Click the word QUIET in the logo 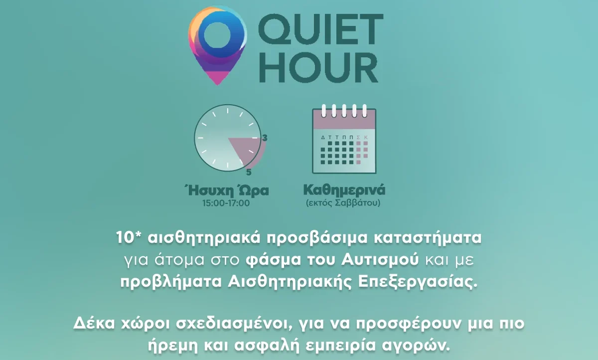(x=320, y=30)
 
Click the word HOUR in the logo (x=319, y=68)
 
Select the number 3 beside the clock (x=265, y=138)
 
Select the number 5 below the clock (x=249, y=173)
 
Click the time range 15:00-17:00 (x=226, y=203)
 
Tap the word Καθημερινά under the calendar (x=344, y=190)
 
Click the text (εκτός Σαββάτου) (x=343, y=203)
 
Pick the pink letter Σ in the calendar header (x=358, y=137)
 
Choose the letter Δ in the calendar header (x=323, y=137)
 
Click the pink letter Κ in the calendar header (x=366, y=137)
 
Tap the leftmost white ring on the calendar (x=324, y=111)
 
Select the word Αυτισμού (x=380, y=260)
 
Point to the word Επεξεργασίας (x=417, y=282)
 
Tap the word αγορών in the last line (x=416, y=346)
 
